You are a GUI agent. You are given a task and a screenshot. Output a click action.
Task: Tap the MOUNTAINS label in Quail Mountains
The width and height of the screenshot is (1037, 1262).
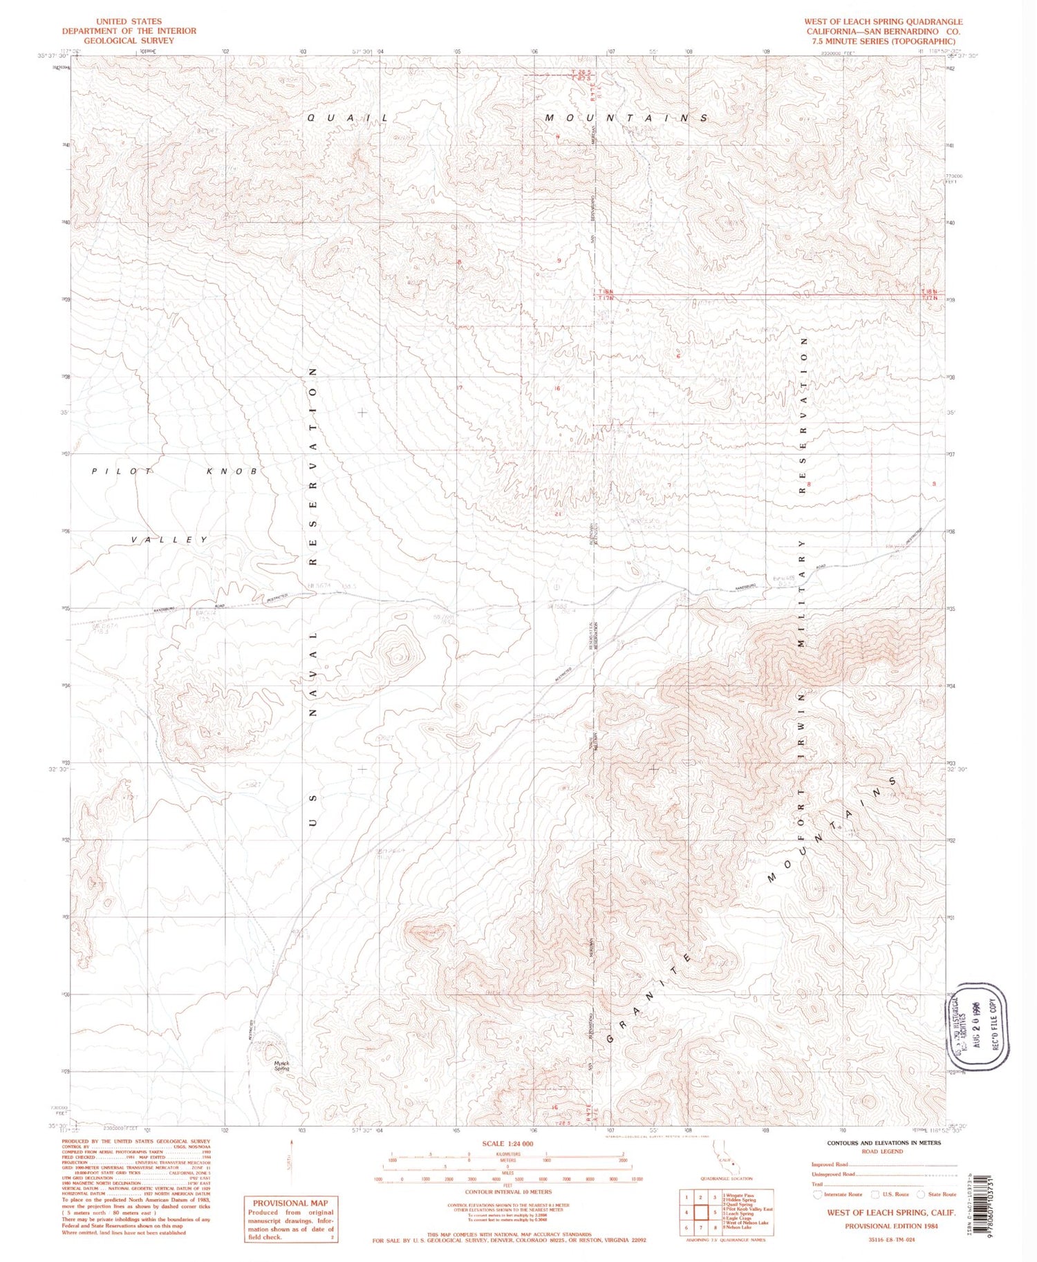[x=626, y=118]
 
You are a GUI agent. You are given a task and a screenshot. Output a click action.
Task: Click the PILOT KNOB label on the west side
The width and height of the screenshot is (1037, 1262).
[x=174, y=471]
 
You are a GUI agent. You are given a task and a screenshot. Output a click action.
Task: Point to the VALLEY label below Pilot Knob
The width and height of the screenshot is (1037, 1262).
[x=169, y=540]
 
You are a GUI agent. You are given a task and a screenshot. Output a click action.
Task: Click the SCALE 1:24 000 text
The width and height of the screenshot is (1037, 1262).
[x=508, y=1144]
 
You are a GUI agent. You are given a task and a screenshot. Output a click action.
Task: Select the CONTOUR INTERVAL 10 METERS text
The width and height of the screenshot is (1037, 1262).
[x=508, y=1192]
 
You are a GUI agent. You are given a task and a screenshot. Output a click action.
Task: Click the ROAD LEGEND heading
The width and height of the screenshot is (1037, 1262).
[x=882, y=1151]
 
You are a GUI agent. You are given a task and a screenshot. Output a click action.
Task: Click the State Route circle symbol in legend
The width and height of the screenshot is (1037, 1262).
[x=920, y=1194]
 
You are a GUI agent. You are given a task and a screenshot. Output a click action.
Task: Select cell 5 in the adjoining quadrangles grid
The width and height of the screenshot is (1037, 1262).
[x=715, y=1213]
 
